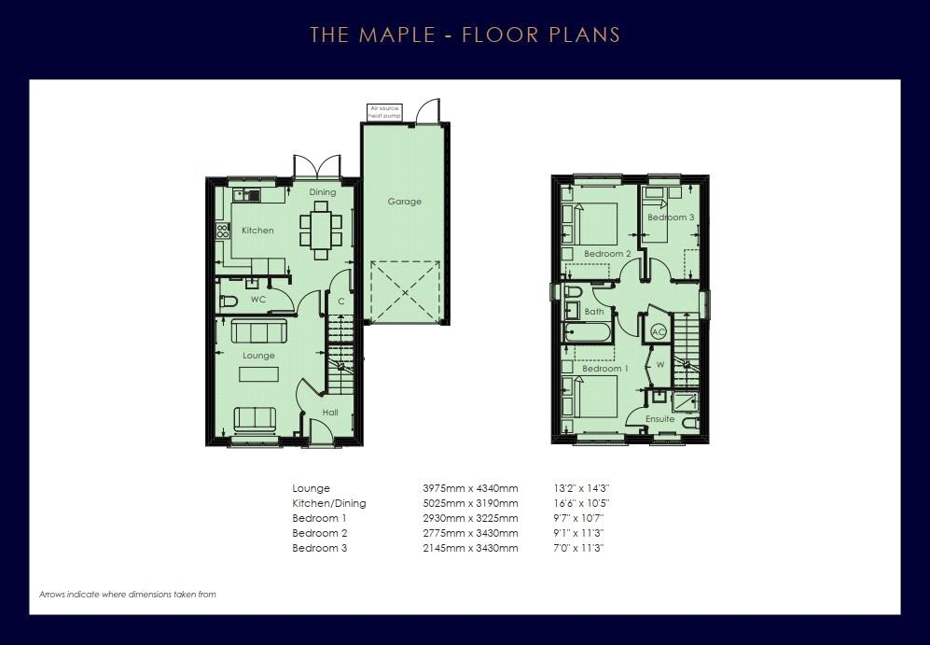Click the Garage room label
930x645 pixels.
click(405, 202)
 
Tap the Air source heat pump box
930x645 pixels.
click(384, 112)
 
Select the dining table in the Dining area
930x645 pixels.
click(321, 231)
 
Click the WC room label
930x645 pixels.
click(258, 300)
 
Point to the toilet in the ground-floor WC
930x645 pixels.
click(229, 301)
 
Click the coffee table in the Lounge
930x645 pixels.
click(258, 374)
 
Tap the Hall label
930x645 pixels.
click(330, 413)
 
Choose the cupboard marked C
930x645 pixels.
click(341, 301)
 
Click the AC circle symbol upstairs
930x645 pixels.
click(659, 331)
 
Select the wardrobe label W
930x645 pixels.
click(660, 365)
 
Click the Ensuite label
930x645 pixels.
click(660, 419)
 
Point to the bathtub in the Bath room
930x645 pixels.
click(587, 332)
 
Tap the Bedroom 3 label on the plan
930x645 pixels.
click(671, 217)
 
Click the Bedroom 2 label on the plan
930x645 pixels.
click(607, 254)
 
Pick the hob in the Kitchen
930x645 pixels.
click(223, 231)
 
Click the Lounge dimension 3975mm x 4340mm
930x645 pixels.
click(470, 488)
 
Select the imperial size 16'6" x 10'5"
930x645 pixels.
click(581, 503)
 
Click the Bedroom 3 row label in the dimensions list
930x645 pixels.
click(320, 548)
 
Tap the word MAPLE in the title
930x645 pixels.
click(397, 35)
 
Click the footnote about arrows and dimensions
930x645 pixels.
click(128, 594)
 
